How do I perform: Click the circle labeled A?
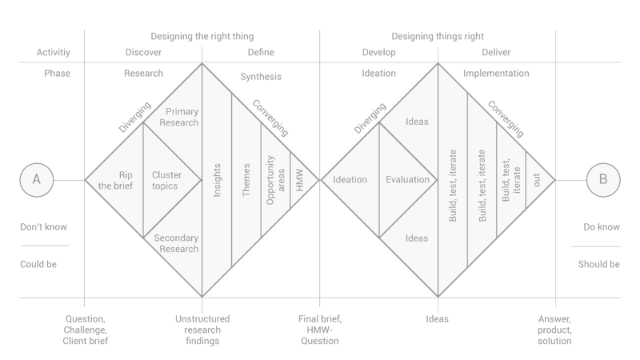pyautogui.click(x=36, y=180)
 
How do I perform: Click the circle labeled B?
pyautogui.click(x=603, y=180)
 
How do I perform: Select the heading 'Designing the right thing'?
pyautogui.click(x=202, y=36)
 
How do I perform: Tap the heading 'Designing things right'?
pyautogui.click(x=438, y=36)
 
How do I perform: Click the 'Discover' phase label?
pyautogui.click(x=144, y=53)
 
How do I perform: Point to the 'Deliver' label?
pyautogui.click(x=497, y=53)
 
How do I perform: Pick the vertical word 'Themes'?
pyautogui.click(x=246, y=180)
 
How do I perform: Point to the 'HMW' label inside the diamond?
pyautogui.click(x=299, y=180)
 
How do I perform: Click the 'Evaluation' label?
pyautogui.click(x=408, y=180)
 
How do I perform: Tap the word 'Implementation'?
pyautogui.click(x=496, y=74)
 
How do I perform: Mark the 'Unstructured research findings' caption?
pyautogui.click(x=202, y=330)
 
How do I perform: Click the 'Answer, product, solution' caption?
pyautogui.click(x=555, y=330)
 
